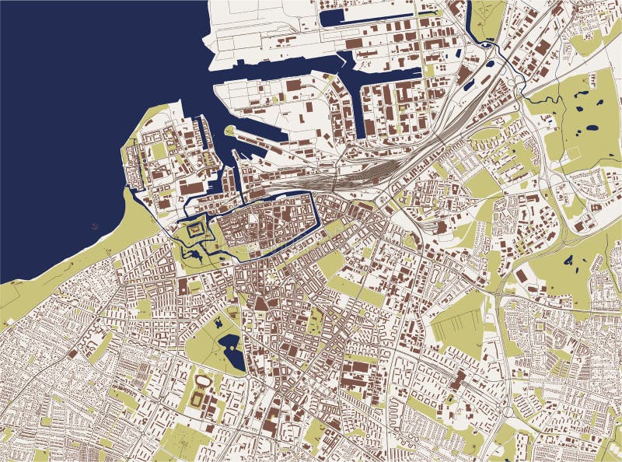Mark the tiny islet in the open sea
pos(95,226)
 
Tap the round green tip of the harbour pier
pos(229,131)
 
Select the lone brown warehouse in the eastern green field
pos(520,276)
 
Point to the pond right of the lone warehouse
pos(570,261)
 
